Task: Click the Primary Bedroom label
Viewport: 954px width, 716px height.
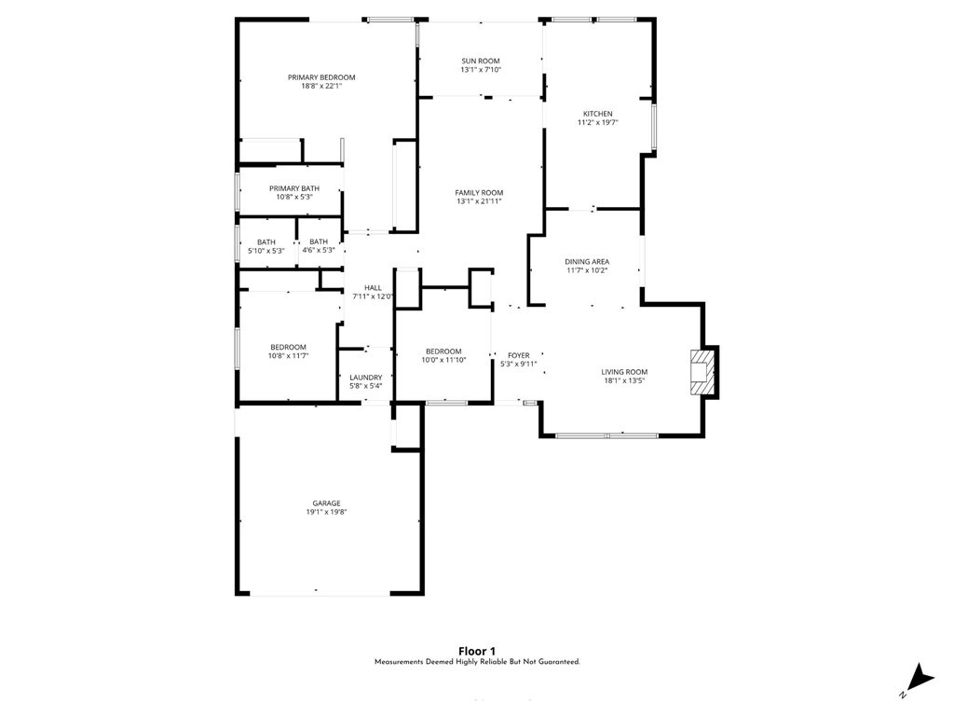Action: click(321, 77)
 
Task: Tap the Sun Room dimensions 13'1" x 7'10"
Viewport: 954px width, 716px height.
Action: click(481, 70)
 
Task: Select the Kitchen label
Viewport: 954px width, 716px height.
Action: click(597, 114)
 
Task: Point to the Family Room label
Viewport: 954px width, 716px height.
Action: click(479, 193)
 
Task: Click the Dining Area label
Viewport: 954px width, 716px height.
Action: click(587, 262)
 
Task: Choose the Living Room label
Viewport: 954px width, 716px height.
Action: click(623, 372)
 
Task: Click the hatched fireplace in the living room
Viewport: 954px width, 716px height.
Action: click(703, 372)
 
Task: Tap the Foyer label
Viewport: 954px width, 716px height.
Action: click(518, 355)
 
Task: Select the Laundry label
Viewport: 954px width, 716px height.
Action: click(365, 378)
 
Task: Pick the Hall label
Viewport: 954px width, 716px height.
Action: click(373, 288)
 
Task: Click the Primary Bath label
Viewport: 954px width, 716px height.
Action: click(294, 188)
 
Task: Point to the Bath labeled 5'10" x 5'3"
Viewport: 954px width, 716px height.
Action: click(266, 242)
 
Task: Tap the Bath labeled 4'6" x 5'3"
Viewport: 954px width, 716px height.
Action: click(319, 242)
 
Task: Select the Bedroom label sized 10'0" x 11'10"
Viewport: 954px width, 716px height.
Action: click(443, 351)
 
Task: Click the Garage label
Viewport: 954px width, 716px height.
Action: click(326, 503)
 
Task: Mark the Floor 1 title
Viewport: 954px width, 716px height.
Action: click(477, 651)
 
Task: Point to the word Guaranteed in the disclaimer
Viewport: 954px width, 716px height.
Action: click(556, 662)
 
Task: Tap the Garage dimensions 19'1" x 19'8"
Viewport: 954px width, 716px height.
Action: click(326, 512)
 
